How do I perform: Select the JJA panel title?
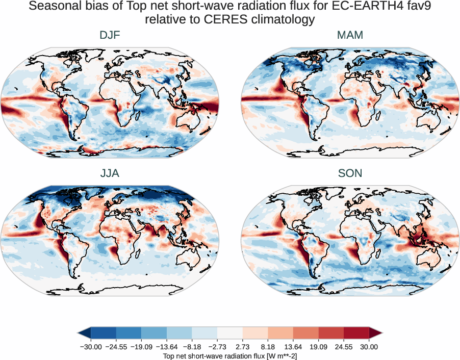[110, 173]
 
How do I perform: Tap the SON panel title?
[350, 173]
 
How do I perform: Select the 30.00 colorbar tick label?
[369, 347]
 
